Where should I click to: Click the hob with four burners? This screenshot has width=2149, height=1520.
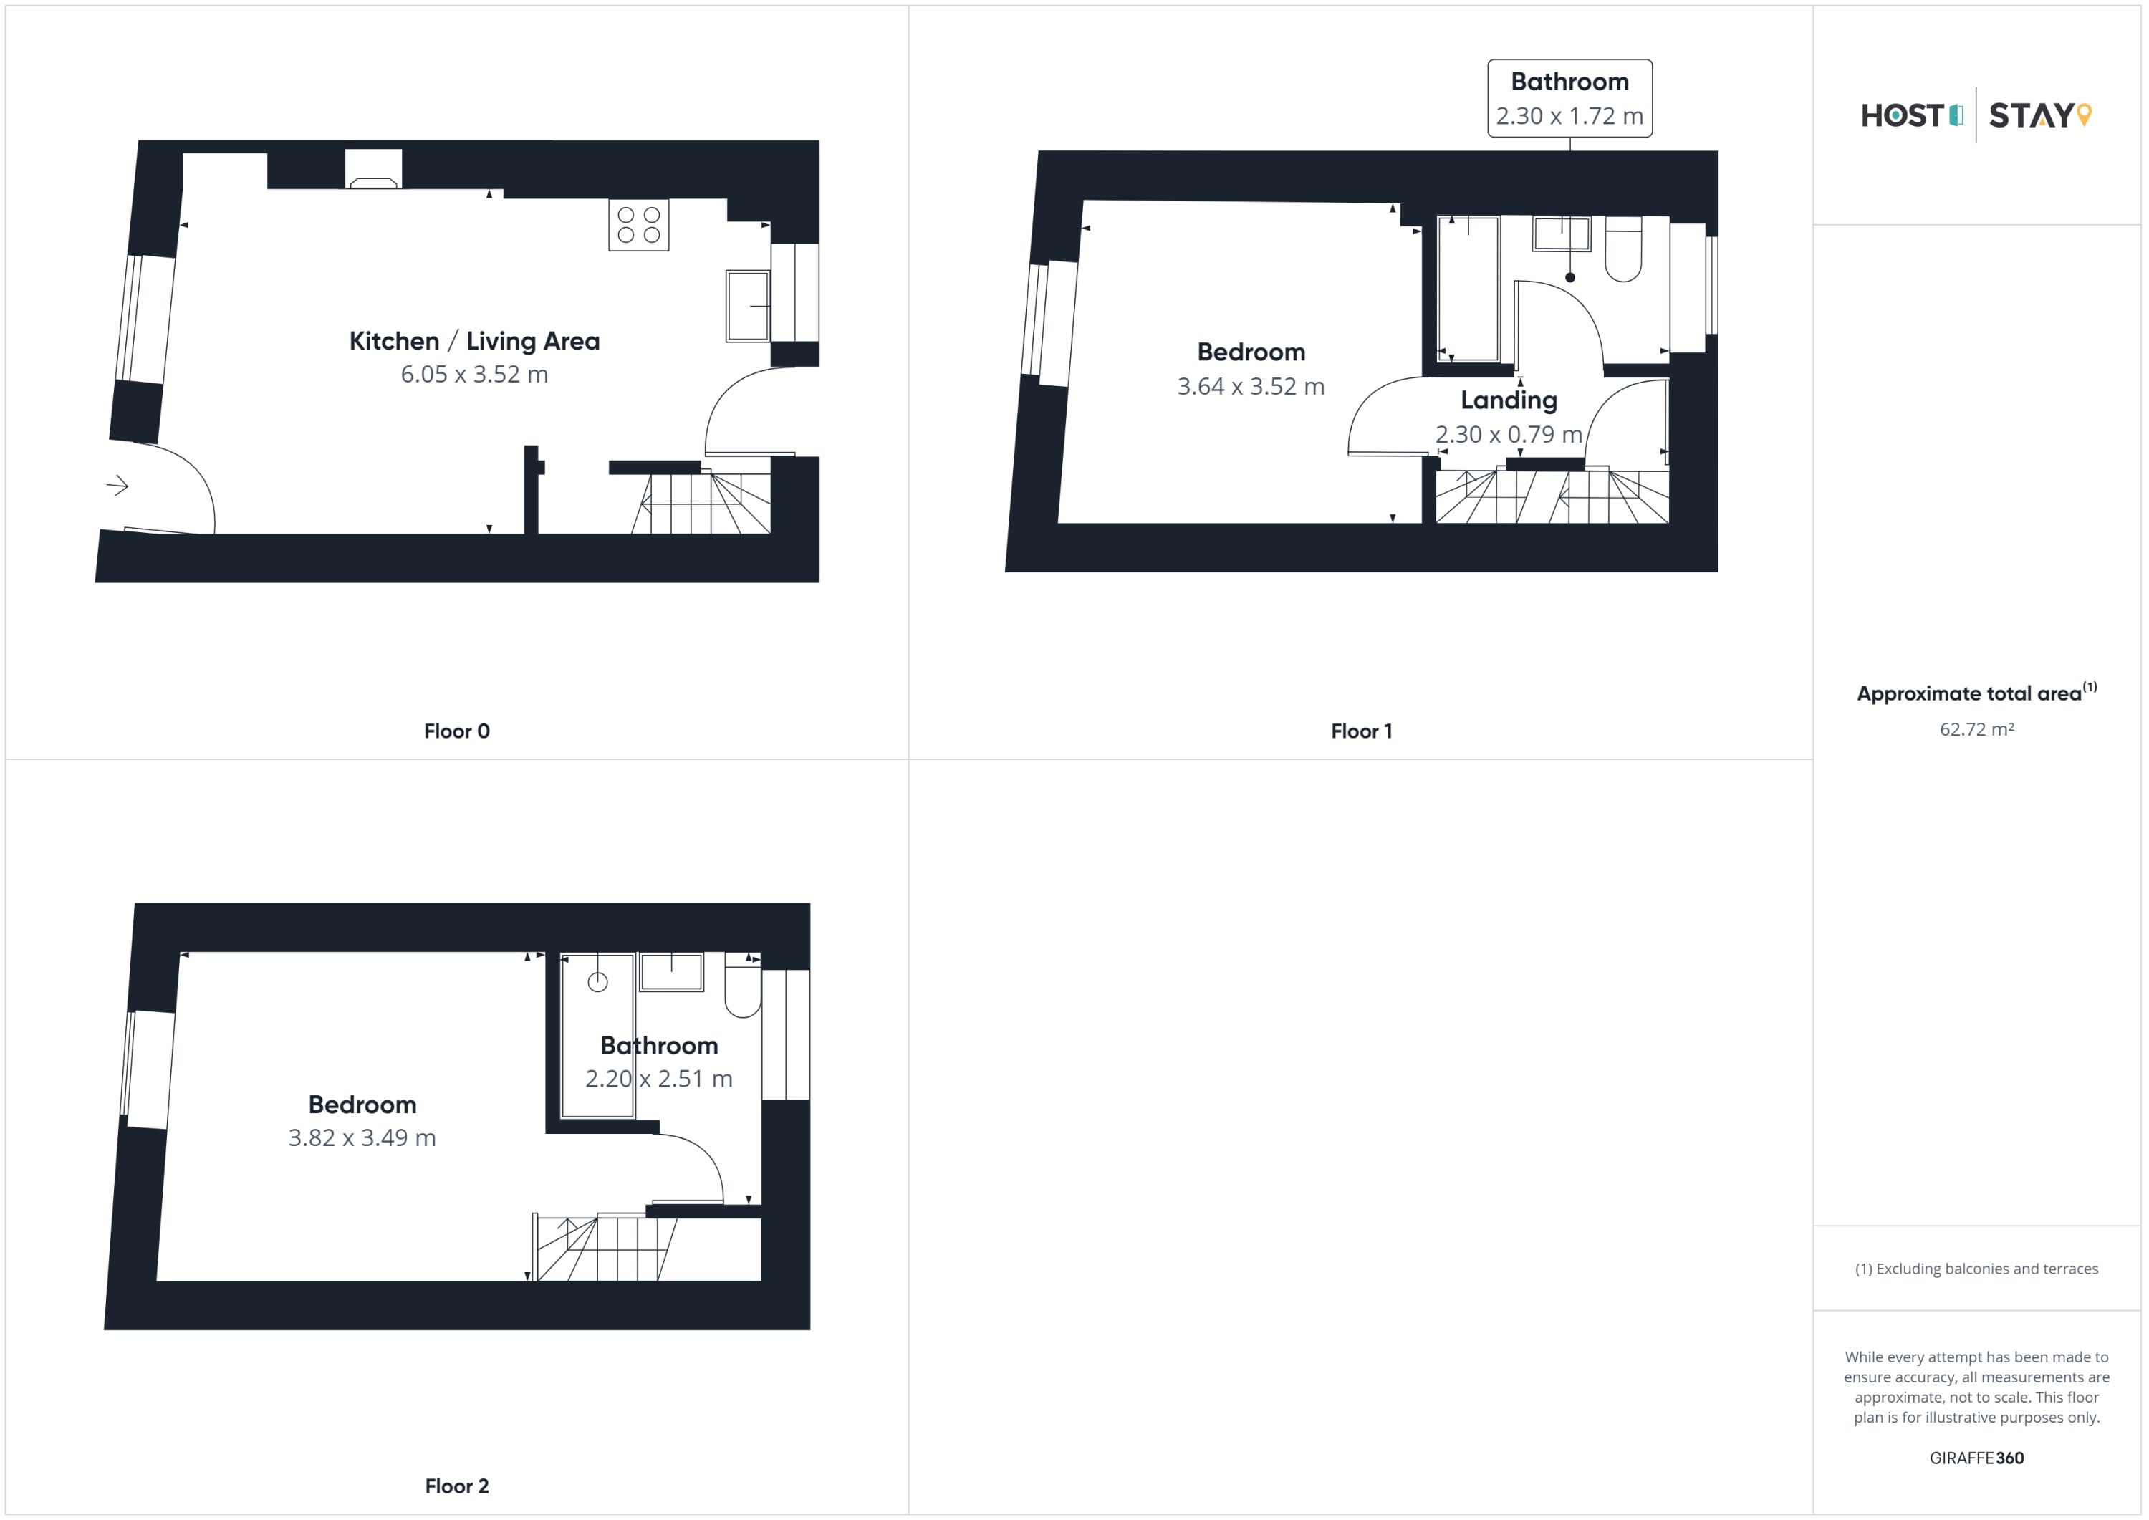638,225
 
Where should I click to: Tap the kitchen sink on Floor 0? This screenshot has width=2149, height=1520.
748,306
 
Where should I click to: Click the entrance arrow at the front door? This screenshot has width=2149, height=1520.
117,486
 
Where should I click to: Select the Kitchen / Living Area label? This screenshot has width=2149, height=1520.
474,341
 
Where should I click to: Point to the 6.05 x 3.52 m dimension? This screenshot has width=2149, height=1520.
474,375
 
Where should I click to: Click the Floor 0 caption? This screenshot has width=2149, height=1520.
457,731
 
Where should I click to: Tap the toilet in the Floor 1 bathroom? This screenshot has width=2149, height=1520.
1623,249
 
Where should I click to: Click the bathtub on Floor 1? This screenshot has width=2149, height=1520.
1468,288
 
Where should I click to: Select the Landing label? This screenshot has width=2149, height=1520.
1509,400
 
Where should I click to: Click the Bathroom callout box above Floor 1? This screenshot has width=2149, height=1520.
1569,98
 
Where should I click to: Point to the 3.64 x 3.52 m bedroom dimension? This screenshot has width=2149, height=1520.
1251,387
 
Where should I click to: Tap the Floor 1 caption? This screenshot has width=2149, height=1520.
1362,731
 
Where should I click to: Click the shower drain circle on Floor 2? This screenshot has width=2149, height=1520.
598,982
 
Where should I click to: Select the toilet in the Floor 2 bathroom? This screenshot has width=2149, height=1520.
743,986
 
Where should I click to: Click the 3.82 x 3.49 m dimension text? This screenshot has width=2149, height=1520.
362,1138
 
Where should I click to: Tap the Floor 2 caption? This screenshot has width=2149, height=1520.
457,1486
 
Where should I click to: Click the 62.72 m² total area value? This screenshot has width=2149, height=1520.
1977,729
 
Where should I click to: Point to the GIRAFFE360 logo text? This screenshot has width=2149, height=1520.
1977,1458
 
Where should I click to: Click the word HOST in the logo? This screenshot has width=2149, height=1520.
1903,115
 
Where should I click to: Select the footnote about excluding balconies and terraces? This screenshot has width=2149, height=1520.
1977,1269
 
